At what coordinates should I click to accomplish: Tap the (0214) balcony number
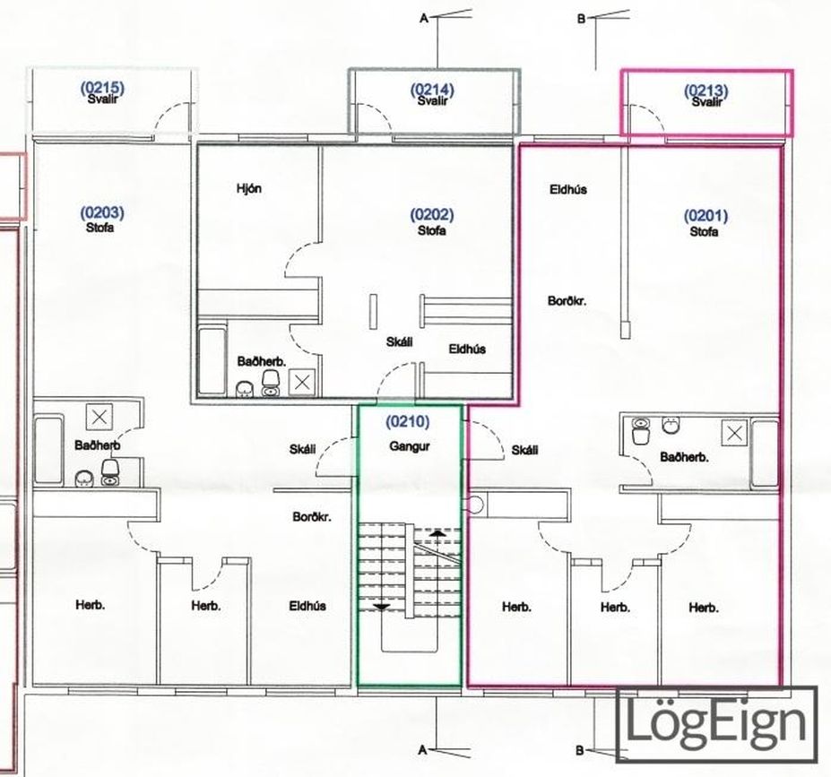point(432,90)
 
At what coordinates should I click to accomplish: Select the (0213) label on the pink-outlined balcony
point(705,91)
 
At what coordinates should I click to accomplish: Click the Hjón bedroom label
point(249,188)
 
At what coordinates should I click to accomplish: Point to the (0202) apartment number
point(432,214)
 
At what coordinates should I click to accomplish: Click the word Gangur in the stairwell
point(409,446)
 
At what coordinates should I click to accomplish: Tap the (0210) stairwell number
point(408,421)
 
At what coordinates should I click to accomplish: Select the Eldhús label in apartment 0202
point(467,349)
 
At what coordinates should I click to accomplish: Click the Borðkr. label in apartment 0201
point(567,301)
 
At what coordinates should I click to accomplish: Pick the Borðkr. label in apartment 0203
point(312,516)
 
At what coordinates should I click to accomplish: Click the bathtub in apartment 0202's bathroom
point(212,361)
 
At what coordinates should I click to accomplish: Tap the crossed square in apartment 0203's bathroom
point(100,418)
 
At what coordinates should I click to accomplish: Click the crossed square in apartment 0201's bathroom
point(734,433)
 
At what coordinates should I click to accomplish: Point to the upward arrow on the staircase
point(437,533)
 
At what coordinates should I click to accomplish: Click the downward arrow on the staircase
point(382,607)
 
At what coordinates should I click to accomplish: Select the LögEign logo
point(716,724)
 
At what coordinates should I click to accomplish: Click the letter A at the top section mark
point(423,19)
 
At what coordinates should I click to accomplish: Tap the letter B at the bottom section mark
point(580,750)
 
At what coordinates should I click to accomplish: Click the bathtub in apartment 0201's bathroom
point(765,453)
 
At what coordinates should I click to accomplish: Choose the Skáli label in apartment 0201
point(524,450)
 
